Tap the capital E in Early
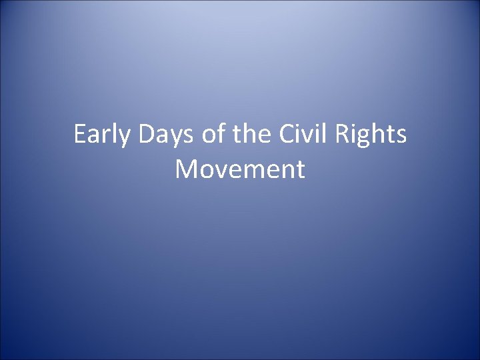[81, 136]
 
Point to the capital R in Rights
[352, 136]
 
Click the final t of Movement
[301, 170]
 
